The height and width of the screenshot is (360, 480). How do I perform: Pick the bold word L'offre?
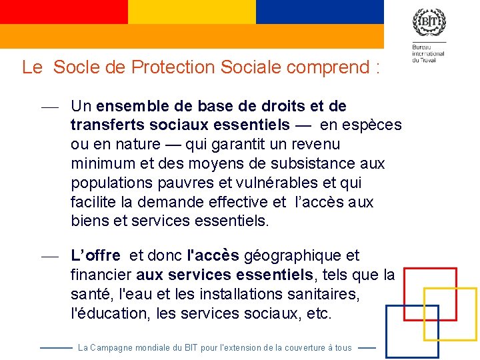[x=96, y=255]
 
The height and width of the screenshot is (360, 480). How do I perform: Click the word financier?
[x=101, y=275]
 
